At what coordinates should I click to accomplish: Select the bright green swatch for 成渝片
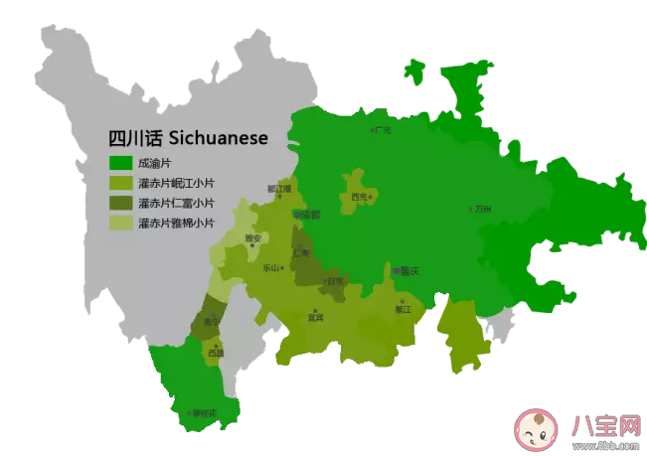[120, 163]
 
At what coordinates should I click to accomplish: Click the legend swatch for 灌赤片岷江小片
[120, 183]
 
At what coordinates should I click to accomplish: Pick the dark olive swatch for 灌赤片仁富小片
[120, 203]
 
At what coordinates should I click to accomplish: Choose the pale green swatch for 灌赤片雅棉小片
[120, 223]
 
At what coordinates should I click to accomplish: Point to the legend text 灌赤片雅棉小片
[176, 223]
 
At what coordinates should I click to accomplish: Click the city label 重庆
[407, 270]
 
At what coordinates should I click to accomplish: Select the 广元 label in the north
[383, 129]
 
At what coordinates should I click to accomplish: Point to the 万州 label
[484, 210]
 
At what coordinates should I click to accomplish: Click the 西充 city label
[360, 197]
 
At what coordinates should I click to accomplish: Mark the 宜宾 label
[315, 318]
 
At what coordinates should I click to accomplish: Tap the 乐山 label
[271, 268]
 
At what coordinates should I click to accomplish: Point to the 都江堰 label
[278, 188]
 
